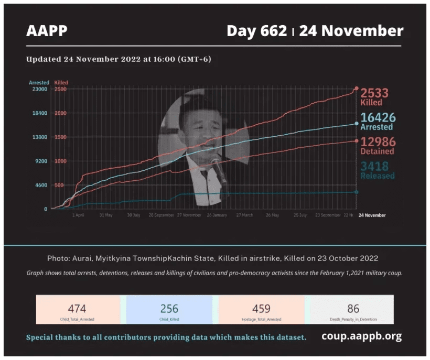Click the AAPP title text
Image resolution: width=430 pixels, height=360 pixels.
point(47,31)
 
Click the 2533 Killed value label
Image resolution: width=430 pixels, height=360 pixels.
point(378,96)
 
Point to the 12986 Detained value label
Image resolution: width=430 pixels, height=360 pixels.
point(378,146)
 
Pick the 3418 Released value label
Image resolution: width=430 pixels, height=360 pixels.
point(378,170)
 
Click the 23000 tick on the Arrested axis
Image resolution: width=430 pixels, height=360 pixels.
point(40,90)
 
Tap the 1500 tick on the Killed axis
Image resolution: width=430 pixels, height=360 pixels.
point(60,137)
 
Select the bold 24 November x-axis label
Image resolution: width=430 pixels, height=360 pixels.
point(372,215)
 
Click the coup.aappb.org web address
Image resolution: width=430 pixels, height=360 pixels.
point(362,336)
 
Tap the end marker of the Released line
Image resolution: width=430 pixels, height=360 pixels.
point(357,192)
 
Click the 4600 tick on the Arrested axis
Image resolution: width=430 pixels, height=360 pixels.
point(40,185)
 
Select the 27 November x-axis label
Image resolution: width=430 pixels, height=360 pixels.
point(189,215)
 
